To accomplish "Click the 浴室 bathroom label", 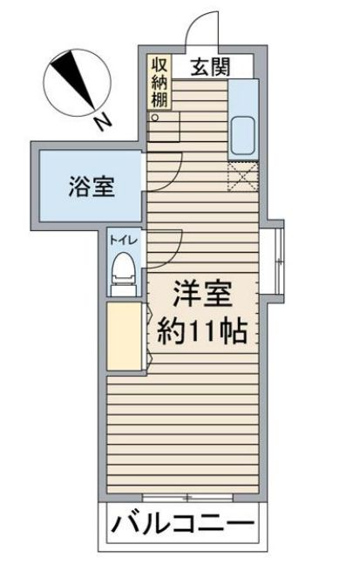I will click(x=92, y=186).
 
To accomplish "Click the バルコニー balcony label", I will click(x=183, y=526).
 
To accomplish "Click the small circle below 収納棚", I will click(x=155, y=117).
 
